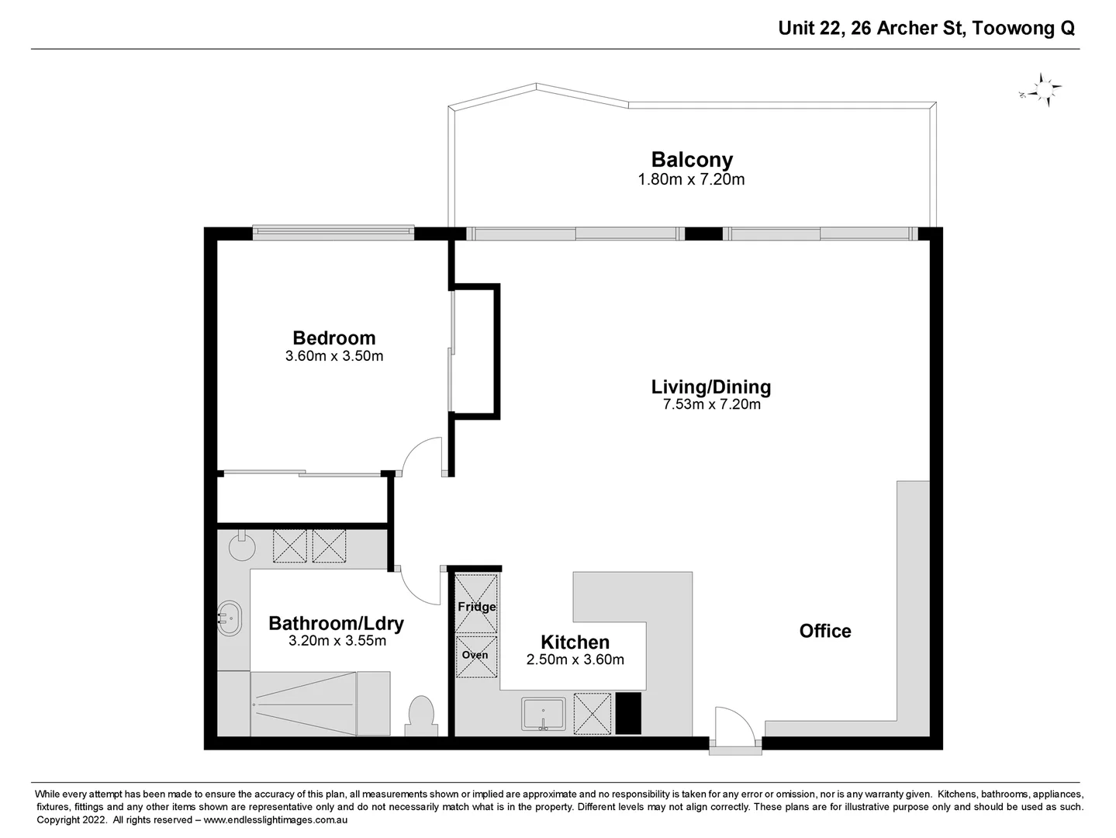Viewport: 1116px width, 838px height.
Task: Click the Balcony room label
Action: click(x=692, y=160)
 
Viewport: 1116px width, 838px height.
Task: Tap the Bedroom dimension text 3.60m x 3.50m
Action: click(x=334, y=357)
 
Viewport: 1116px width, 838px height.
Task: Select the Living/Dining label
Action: click(x=710, y=386)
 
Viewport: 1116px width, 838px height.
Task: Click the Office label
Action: click(x=825, y=631)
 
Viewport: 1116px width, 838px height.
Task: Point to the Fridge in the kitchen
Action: click(x=476, y=603)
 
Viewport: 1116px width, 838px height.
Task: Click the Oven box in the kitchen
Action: click(x=475, y=656)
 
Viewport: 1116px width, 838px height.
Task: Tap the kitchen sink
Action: click(x=544, y=714)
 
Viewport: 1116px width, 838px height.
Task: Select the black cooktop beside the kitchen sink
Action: click(x=628, y=713)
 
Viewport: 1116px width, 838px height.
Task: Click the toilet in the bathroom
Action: click(x=420, y=715)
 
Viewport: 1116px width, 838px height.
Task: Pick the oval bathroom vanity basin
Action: click(x=230, y=618)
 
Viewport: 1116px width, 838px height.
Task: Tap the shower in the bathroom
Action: click(x=320, y=703)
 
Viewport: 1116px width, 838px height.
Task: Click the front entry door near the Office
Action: click(x=734, y=729)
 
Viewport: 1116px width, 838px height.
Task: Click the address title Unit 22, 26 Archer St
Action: click(x=926, y=29)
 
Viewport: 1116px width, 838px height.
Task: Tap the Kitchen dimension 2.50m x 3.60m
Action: click(x=575, y=660)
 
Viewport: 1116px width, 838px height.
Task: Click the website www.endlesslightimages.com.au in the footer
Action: click(x=275, y=820)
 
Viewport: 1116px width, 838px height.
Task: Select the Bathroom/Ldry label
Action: click(x=336, y=623)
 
